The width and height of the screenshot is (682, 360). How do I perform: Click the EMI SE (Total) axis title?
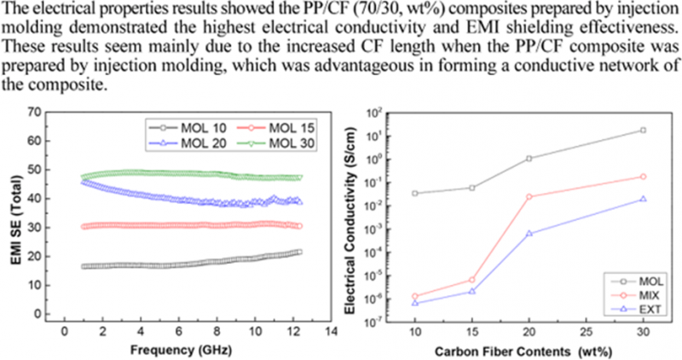point(14,218)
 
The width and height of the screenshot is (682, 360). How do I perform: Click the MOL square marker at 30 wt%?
point(642,131)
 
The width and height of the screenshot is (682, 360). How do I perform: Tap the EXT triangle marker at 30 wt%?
point(642,199)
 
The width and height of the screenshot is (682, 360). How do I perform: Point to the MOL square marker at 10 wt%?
point(414,194)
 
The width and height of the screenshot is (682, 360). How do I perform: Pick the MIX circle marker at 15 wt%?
point(471,279)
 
